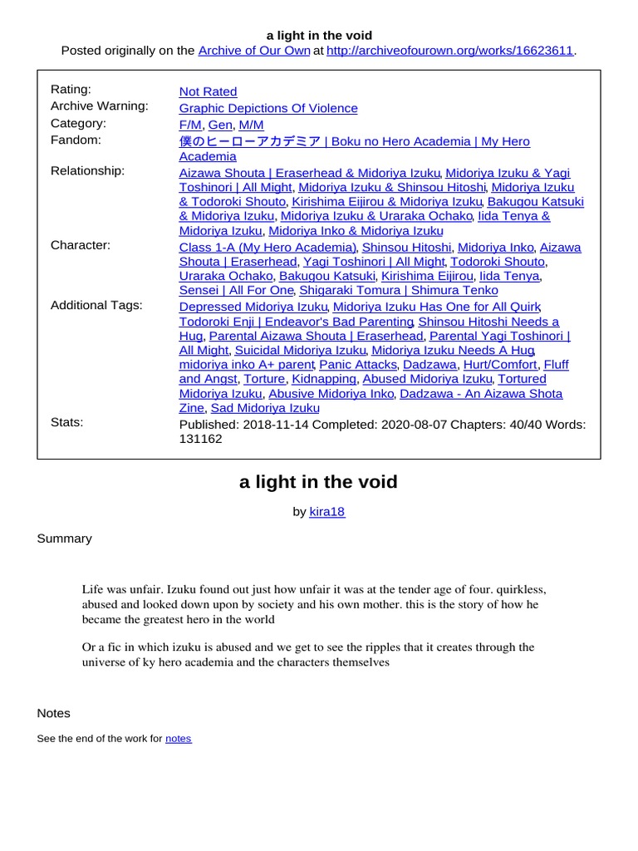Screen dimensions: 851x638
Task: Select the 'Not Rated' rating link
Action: click(x=208, y=91)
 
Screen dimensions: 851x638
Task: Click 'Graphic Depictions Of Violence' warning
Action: click(x=268, y=108)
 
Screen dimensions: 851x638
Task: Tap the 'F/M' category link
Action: click(x=190, y=125)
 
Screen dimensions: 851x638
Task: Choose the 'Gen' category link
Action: click(x=220, y=125)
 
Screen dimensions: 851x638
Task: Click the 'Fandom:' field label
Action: click(x=76, y=140)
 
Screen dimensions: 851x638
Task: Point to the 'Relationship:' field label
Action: click(x=87, y=170)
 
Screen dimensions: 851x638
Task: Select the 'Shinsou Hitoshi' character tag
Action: click(x=407, y=247)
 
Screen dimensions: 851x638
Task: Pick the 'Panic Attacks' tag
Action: click(x=358, y=364)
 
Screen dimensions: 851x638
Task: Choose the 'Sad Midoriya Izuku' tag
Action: click(x=265, y=408)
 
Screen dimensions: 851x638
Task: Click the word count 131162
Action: click(x=200, y=439)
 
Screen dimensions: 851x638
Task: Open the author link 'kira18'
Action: click(x=326, y=512)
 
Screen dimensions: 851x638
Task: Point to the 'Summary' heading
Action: click(x=64, y=539)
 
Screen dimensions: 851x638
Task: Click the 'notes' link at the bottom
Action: click(x=178, y=738)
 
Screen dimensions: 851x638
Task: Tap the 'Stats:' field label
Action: click(x=66, y=422)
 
